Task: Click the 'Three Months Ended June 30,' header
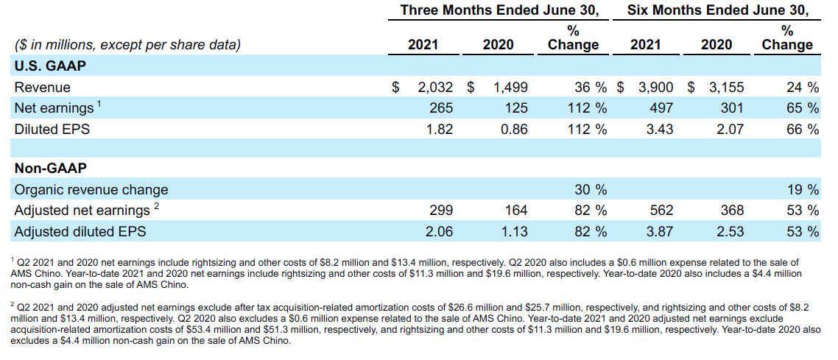coord(499,10)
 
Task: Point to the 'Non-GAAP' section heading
coord(46,169)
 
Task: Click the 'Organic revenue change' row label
coord(91,190)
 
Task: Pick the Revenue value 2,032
coord(434,87)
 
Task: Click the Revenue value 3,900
coord(655,87)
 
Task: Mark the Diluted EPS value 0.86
coord(513,130)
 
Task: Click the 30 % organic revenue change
coord(590,190)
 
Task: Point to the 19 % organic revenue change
coord(802,190)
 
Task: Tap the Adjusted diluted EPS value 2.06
coord(439,232)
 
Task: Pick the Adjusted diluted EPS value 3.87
coord(658,232)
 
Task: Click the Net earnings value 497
coord(661,108)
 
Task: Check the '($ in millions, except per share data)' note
coord(127,45)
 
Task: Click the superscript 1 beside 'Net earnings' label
coord(99,104)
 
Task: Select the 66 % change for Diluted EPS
coord(802,130)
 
